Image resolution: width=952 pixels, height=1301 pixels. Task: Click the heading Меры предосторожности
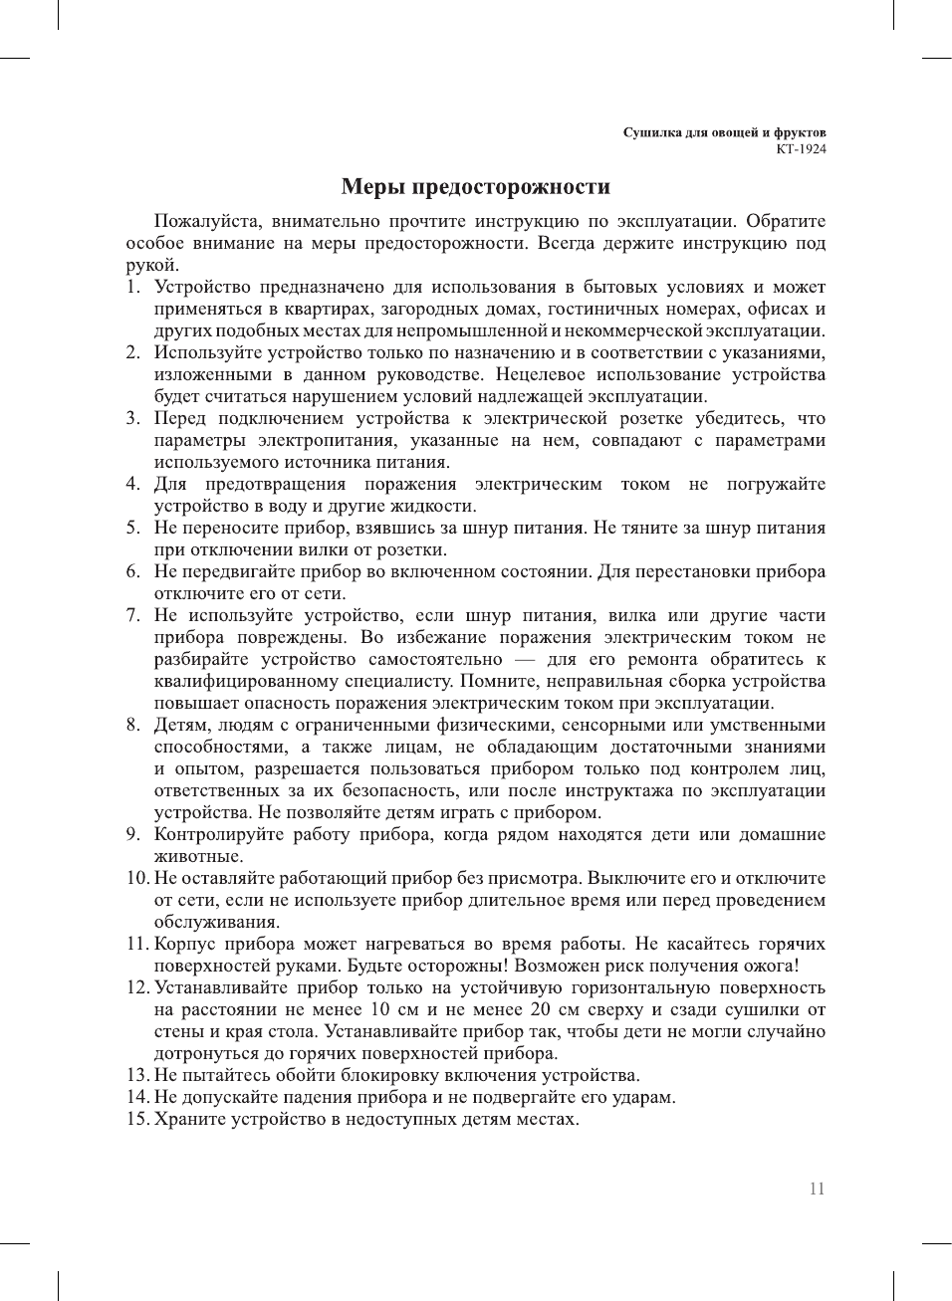tap(475, 187)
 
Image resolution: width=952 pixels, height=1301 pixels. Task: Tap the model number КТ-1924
tap(801, 149)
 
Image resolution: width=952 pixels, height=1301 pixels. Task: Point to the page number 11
tap(817, 1189)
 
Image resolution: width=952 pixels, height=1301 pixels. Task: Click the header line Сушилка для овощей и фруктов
tap(724, 132)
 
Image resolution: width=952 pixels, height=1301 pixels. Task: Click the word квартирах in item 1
tap(328, 309)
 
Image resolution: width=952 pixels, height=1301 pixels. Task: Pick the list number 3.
tap(132, 418)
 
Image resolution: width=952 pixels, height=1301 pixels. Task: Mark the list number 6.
tap(132, 571)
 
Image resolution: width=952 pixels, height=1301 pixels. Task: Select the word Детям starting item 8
tap(179, 725)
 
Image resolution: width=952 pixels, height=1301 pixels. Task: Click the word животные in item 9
tap(197, 856)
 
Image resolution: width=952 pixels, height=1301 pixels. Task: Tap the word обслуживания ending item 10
tap(216, 922)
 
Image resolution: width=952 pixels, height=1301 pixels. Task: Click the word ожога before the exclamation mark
tap(765, 966)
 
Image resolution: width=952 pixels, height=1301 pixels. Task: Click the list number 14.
tap(136, 1097)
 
